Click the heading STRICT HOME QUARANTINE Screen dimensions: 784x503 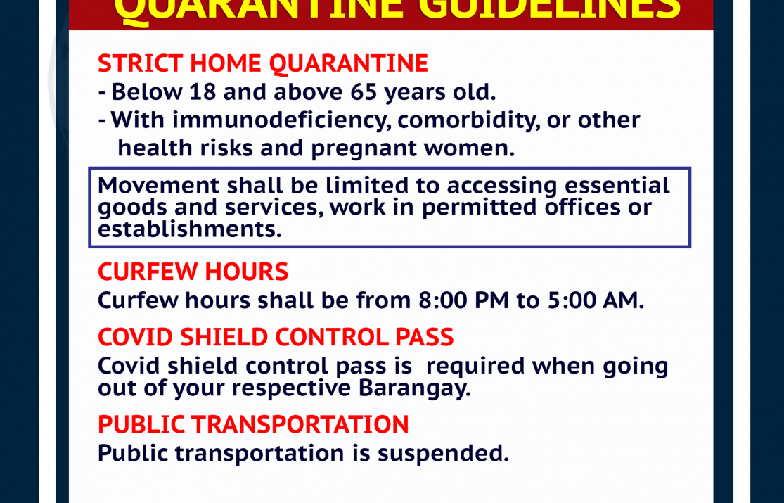[x=263, y=64]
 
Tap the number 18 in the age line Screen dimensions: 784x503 [x=203, y=91]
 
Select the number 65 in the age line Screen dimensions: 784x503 [x=364, y=91]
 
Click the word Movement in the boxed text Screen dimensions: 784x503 [x=158, y=185]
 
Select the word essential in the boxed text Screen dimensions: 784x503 [x=617, y=185]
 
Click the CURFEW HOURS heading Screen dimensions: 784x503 [x=193, y=272]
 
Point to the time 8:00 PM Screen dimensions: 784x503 [x=463, y=300]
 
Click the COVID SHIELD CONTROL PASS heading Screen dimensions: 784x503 [x=276, y=338]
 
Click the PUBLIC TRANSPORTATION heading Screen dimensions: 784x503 [x=253, y=424]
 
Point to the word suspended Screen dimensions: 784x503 [x=443, y=454]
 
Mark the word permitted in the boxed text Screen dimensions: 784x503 [x=479, y=208]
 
